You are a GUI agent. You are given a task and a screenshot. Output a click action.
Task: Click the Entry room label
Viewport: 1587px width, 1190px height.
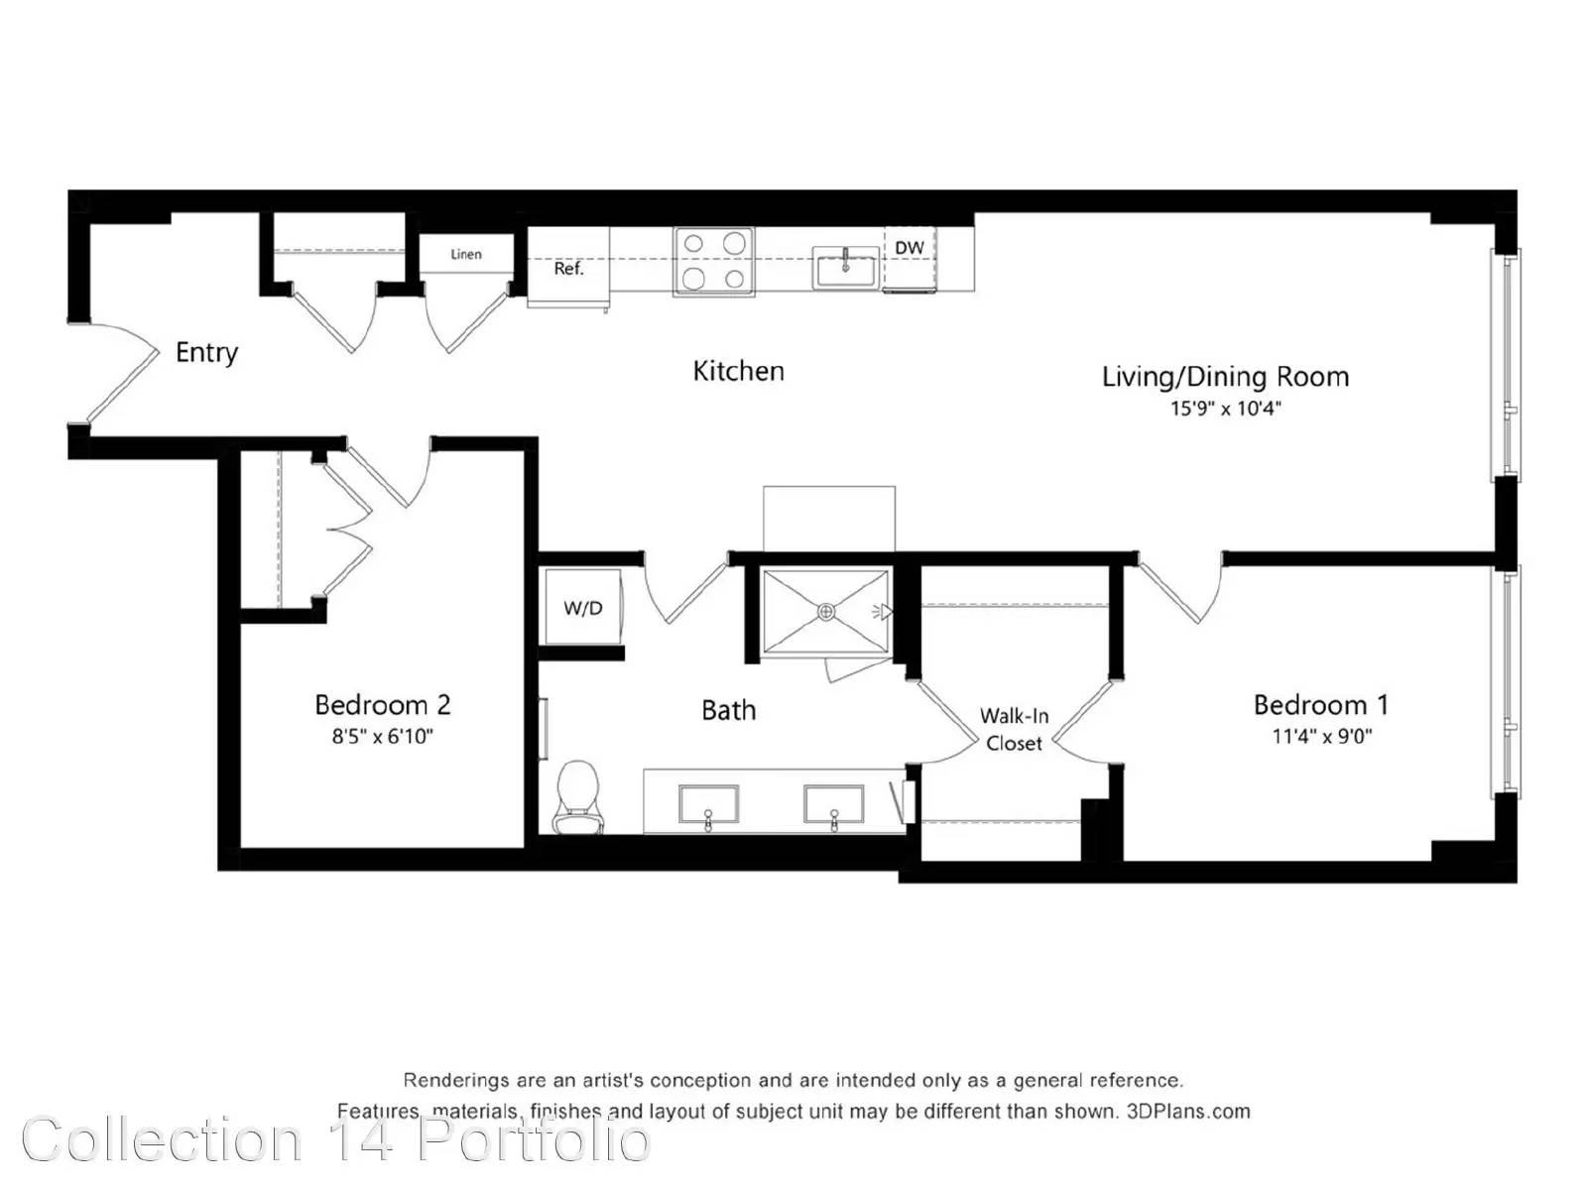point(206,353)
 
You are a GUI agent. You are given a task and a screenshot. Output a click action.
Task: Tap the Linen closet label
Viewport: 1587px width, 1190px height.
point(465,254)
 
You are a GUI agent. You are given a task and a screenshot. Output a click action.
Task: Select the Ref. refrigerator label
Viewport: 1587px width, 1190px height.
point(568,269)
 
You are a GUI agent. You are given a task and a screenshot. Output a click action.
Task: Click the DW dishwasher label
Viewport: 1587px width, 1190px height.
point(909,248)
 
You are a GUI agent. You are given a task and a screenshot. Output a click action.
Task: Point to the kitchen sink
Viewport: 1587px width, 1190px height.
point(845,268)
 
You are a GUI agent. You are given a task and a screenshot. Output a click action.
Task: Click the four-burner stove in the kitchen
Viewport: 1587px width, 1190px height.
point(713,262)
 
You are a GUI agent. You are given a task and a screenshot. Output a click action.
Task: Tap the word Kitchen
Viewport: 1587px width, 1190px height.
point(738,371)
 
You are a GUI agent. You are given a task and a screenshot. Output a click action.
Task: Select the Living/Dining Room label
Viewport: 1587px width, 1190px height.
point(1225,377)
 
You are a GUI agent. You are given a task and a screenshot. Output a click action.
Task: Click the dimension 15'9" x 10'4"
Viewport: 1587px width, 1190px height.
point(1226,409)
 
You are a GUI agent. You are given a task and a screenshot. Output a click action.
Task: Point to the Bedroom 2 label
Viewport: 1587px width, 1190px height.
point(383,704)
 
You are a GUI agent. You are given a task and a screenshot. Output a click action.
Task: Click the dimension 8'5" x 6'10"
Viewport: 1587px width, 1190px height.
point(383,736)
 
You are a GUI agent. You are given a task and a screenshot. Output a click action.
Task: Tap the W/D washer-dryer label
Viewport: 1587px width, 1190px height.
point(583,608)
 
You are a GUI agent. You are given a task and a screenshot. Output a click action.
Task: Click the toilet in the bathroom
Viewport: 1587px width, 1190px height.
point(577,797)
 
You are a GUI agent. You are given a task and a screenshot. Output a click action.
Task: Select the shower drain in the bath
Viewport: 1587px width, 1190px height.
point(825,613)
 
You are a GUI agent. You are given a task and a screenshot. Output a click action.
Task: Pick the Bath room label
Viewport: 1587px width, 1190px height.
point(729,711)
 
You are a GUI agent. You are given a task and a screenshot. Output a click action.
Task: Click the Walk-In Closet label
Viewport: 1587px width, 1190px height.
point(1014,730)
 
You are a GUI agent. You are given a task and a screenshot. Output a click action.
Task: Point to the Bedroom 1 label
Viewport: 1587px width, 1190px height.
point(1320,705)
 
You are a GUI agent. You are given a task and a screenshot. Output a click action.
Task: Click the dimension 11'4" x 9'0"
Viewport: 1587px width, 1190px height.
point(1322,736)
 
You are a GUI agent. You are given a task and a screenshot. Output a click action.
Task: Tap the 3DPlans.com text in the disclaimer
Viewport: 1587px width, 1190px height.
point(1188,1112)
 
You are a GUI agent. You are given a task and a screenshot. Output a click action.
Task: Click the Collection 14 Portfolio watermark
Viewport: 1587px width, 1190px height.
point(336,1140)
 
